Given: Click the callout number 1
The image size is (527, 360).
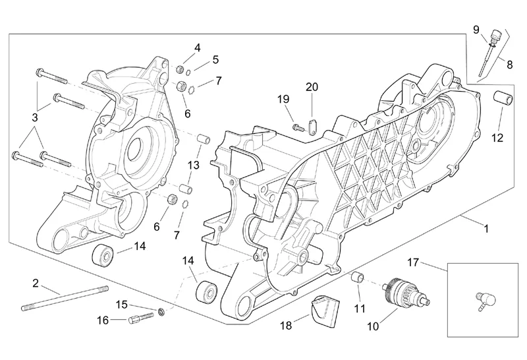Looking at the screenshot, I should tap(486, 229).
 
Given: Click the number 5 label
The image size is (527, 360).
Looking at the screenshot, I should tap(215, 60).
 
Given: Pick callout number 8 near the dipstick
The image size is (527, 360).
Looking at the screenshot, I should tap(509, 63).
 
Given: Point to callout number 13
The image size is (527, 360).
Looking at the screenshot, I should tap(193, 165).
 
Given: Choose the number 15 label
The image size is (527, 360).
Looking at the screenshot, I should tap(121, 304).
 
